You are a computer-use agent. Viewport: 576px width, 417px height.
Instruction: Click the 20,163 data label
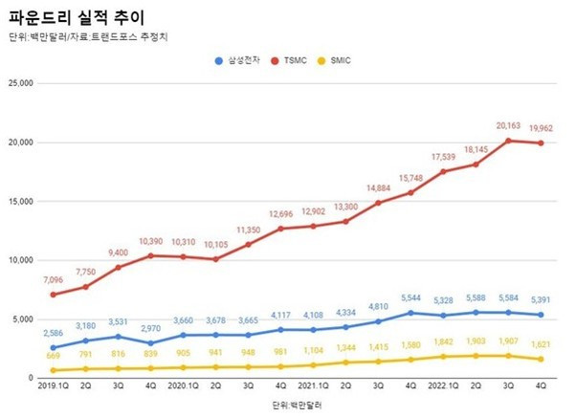point(509,123)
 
